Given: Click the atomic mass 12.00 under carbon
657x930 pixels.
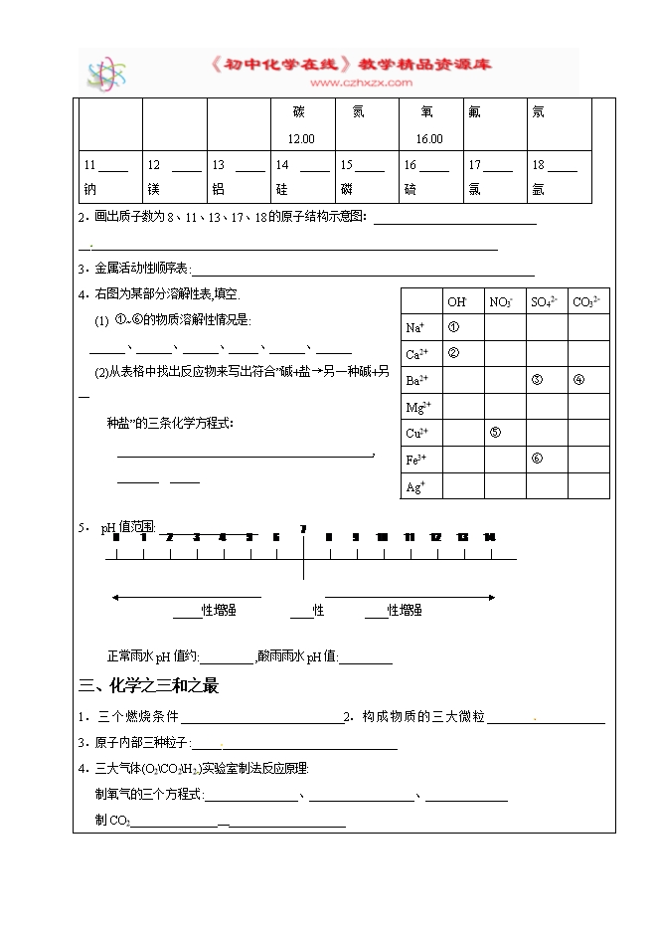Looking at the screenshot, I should coord(300,139).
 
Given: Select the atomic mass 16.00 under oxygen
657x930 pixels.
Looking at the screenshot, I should coord(429,139).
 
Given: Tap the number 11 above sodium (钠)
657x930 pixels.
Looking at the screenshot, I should coord(89,165).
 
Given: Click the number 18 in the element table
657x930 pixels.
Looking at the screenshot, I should coord(538,165).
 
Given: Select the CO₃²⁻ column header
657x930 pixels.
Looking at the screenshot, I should coord(586,301).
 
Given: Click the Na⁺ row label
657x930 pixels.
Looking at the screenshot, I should coord(415,327).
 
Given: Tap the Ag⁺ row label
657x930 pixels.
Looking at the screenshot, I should coord(415,487).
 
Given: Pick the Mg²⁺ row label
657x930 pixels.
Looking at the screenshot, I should coord(416,407).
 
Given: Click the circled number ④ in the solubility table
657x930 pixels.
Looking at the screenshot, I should coord(578,380).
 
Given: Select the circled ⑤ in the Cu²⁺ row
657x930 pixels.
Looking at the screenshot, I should coord(495,433).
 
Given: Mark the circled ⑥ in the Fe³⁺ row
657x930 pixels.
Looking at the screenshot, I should coord(537,459).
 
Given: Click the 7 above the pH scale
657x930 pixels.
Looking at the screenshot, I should coord(303,528).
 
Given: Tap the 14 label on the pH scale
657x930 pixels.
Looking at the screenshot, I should coord(489,538).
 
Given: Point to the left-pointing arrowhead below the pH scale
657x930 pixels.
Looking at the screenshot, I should coord(115,597).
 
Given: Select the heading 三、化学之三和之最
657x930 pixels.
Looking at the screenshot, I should coord(148,685).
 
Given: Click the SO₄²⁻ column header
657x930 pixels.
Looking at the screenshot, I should coord(544,301).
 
